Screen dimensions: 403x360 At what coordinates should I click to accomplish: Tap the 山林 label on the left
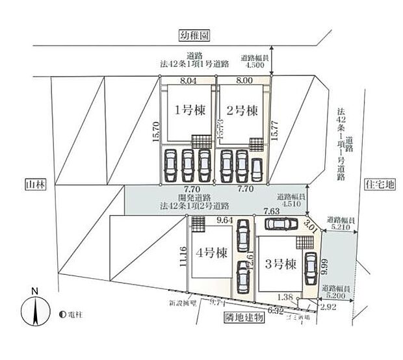pyautogui.click(x=33, y=185)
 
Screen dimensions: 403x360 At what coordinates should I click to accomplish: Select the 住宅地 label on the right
pyautogui.click(x=380, y=185)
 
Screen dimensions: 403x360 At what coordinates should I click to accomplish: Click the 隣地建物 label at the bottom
pyautogui.click(x=242, y=318)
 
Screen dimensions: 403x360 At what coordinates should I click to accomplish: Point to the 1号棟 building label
pyautogui.click(x=189, y=110)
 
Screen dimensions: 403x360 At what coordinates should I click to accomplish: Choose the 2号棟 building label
pyautogui.click(x=242, y=110)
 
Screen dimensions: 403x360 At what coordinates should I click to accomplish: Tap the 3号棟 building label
pyautogui.click(x=281, y=264)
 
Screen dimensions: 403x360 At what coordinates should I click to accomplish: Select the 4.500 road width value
pyautogui.click(x=253, y=64)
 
